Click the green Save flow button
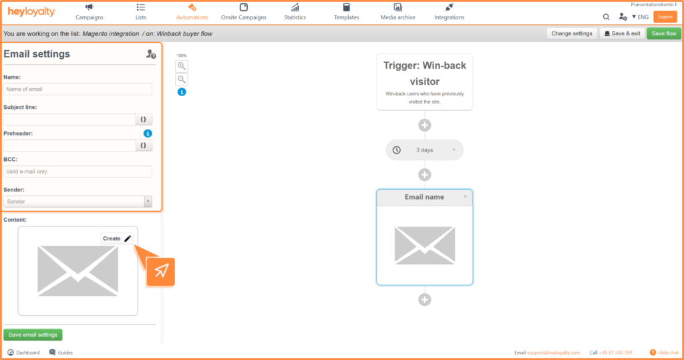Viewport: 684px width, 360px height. point(663,33)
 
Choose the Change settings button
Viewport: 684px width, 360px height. point(572,33)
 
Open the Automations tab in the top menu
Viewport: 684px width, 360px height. point(192,12)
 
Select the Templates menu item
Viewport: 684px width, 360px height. point(347,12)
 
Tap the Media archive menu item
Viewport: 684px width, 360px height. point(398,12)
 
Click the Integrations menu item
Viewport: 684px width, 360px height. point(450,12)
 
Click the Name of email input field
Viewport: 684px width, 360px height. point(77,89)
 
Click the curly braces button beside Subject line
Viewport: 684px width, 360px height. point(144,119)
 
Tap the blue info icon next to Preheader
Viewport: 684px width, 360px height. point(148,134)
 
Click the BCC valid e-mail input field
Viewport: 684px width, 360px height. point(77,172)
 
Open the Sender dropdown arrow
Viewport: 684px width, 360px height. point(148,202)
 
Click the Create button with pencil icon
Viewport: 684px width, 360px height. point(117,238)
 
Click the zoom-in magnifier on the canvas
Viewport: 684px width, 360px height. point(182,66)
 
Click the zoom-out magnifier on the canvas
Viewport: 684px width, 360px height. point(182,79)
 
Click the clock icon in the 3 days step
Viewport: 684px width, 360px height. point(397,150)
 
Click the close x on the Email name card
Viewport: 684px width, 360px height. point(466,197)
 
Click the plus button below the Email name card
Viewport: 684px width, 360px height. point(425,300)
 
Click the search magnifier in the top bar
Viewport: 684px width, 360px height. point(607,17)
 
